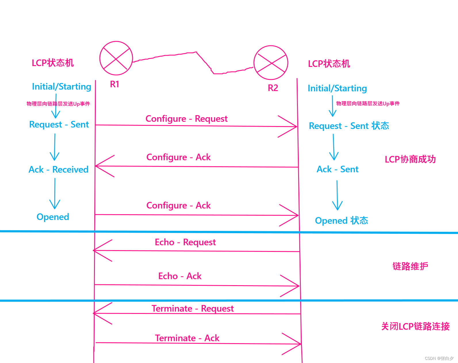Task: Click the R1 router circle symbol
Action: click(x=116, y=58)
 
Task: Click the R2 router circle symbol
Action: click(x=271, y=63)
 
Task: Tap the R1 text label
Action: click(x=114, y=84)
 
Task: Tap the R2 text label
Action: click(x=273, y=88)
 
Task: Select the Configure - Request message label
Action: click(x=186, y=119)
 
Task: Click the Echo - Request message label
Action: click(x=185, y=242)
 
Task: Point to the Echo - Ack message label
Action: click(x=180, y=276)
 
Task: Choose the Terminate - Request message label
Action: click(x=192, y=308)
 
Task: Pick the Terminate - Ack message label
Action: click(x=187, y=338)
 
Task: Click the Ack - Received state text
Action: click(x=58, y=169)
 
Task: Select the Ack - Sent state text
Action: click(x=337, y=169)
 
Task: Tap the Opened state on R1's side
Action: click(x=53, y=217)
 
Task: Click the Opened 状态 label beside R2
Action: click(x=341, y=221)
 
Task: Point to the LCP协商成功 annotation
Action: click(x=410, y=159)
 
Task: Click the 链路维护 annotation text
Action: click(x=410, y=266)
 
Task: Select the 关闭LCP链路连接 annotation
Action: click(x=415, y=326)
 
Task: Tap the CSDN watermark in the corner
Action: click(x=439, y=358)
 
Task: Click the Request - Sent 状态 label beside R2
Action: click(x=349, y=126)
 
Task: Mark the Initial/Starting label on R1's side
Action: click(x=62, y=86)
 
